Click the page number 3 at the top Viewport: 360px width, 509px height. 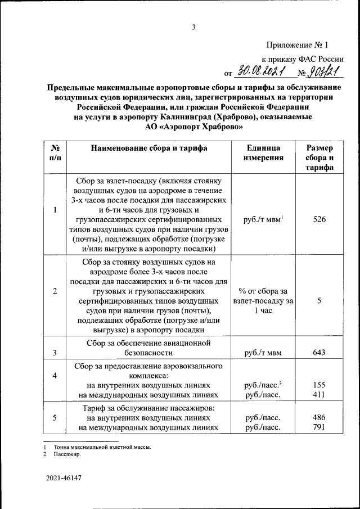[x=193, y=27]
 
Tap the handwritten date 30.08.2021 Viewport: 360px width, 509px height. [x=262, y=71]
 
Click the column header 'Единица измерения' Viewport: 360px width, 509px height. [x=263, y=153]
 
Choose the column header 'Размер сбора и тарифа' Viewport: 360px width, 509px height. [x=319, y=157]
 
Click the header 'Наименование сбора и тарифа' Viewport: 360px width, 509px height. [x=146, y=148]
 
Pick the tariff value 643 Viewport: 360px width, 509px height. [x=319, y=353]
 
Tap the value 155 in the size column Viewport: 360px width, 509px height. [x=319, y=385]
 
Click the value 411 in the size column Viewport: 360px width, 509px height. [x=319, y=395]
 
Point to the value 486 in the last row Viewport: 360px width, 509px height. [x=319, y=418]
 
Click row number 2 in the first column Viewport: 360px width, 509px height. [x=55, y=291]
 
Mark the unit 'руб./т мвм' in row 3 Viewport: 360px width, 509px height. [x=263, y=353]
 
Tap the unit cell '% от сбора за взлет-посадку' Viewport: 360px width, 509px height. [x=263, y=300]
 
